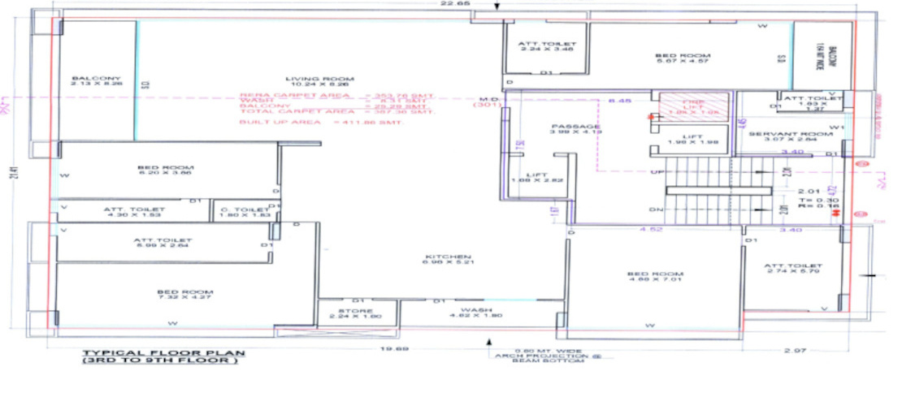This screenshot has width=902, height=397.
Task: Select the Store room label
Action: pos(355,312)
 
